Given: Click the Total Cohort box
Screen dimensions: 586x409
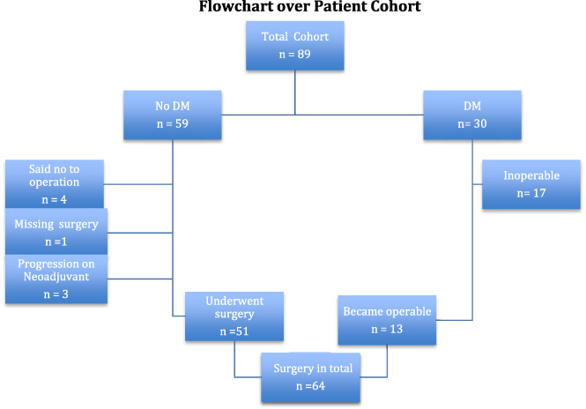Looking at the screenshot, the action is pyautogui.click(x=295, y=46).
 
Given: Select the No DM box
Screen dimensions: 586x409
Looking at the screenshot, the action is pyautogui.click(x=173, y=115).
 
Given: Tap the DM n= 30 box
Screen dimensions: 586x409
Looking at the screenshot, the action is pyautogui.click(x=472, y=115).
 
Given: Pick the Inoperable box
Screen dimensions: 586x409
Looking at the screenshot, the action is pyautogui.click(x=531, y=184).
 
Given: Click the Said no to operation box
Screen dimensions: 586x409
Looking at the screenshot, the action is pyautogui.click(x=55, y=184).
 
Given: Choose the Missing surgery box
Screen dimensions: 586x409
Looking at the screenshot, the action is pyautogui.click(x=56, y=232).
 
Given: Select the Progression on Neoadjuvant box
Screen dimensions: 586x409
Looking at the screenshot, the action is pyautogui.click(x=56, y=279).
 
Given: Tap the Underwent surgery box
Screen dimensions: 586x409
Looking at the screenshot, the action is pyautogui.click(x=234, y=316).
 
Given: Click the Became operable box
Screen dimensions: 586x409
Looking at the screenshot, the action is pyautogui.click(x=387, y=320).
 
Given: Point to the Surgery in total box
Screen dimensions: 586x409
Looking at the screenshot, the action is pyautogui.click(x=310, y=377).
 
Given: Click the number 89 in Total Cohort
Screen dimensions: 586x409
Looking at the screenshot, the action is pyautogui.click(x=304, y=54).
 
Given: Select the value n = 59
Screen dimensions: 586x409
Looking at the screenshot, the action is pyautogui.click(x=173, y=123).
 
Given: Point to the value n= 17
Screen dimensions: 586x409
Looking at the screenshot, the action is pyautogui.click(x=531, y=193).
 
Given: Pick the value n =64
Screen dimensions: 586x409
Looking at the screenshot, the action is pyautogui.click(x=310, y=386).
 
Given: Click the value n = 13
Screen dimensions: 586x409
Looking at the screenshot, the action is pyautogui.click(x=387, y=329).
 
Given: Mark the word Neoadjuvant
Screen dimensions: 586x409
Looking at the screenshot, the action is pyautogui.click(x=56, y=277).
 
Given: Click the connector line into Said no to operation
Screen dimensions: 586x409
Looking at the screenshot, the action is pyautogui.click(x=138, y=184).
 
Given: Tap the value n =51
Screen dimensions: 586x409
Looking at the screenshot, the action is pyautogui.click(x=234, y=331).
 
